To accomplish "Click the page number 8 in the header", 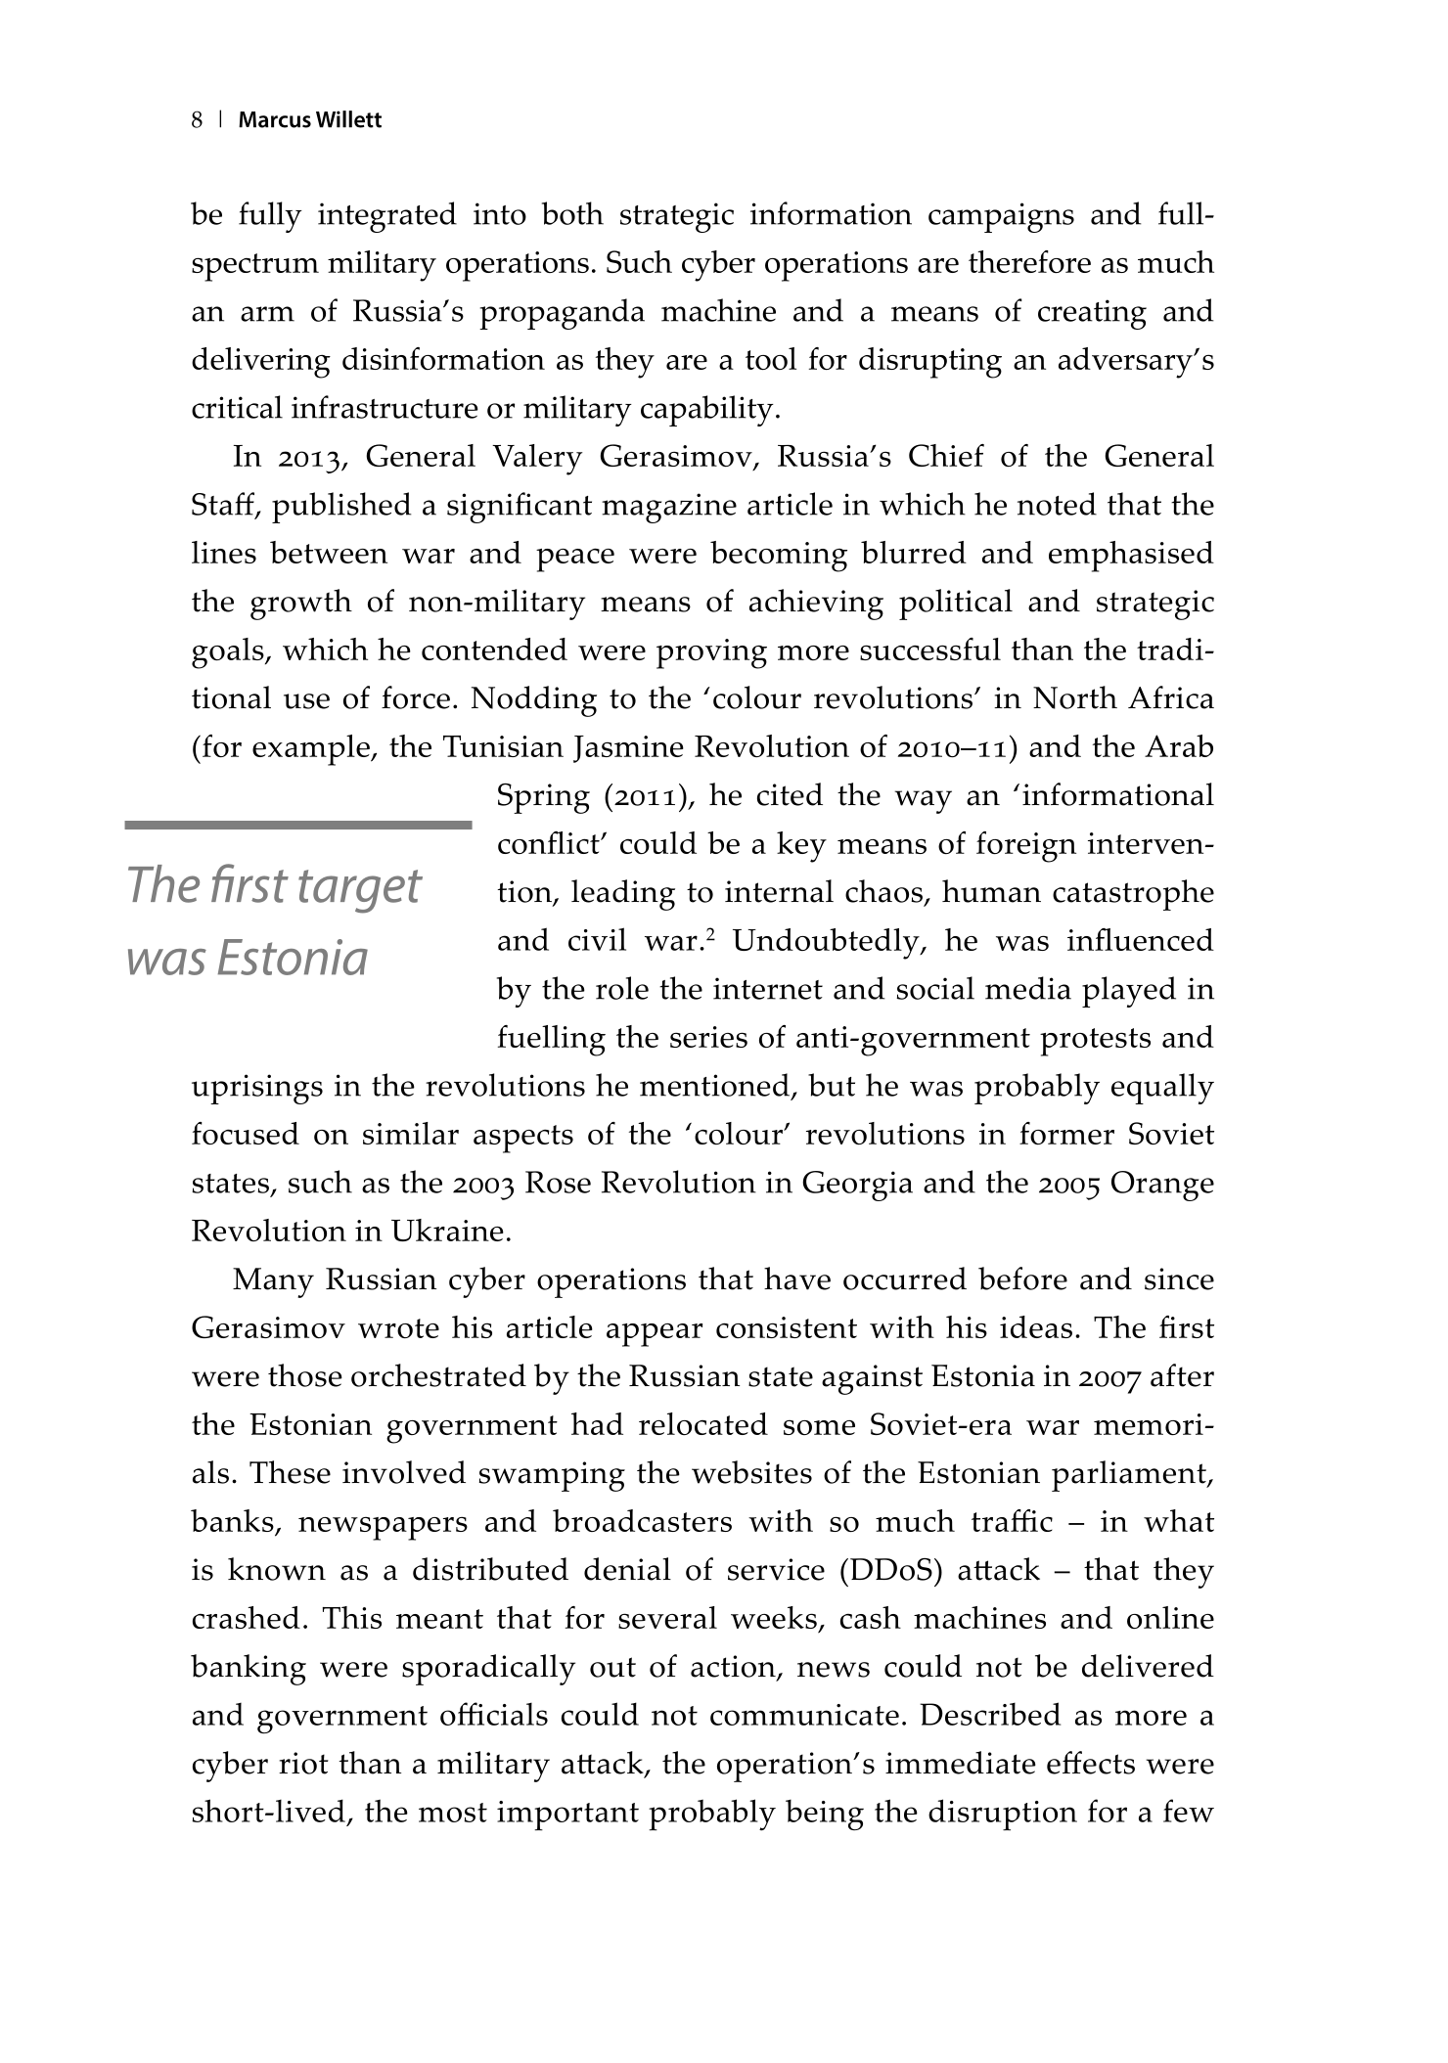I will [x=197, y=120].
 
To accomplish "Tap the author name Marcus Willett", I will [x=310, y=120].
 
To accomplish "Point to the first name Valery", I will [x=537, y=458].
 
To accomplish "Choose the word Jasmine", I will [x=630, y=747].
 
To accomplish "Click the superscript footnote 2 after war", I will [x=710, y=935].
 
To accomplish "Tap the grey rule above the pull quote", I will [x=298, y=825].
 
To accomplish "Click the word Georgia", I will [x=857, y=1184].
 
